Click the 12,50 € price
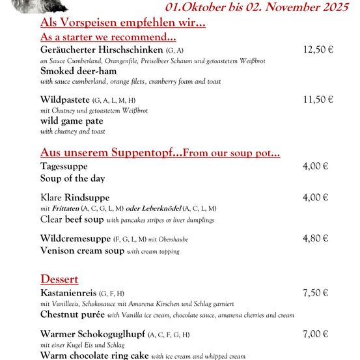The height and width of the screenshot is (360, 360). pyautogui.click(x=318, y=50)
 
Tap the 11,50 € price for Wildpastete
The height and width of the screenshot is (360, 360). pyautogui.click(x=318, y=100)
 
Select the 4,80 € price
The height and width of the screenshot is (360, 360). pyautogui.click(x=315, y=238)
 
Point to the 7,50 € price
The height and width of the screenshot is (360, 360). pyautogui.click(x=315, y=293)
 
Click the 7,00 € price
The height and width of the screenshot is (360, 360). pyautogui.click(x=315, y=334)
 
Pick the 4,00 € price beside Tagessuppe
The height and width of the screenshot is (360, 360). pyautogui.click(x=315, y=166)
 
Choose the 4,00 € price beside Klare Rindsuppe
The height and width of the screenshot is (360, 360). pyautogui.click(x=315, y=197)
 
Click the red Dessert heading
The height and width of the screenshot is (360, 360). pyautogui.click(x=59, y=279)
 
